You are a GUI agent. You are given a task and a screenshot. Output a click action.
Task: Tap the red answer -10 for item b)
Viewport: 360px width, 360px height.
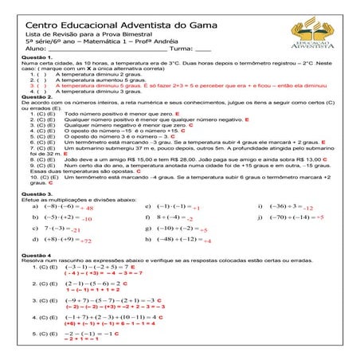[86, 218]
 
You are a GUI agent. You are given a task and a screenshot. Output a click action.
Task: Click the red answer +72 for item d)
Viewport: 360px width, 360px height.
[85, 241]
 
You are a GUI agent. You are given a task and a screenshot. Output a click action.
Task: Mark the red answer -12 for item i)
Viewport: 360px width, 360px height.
[308, 207]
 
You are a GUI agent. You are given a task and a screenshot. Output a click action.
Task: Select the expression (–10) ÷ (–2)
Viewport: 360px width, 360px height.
[170, 229]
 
